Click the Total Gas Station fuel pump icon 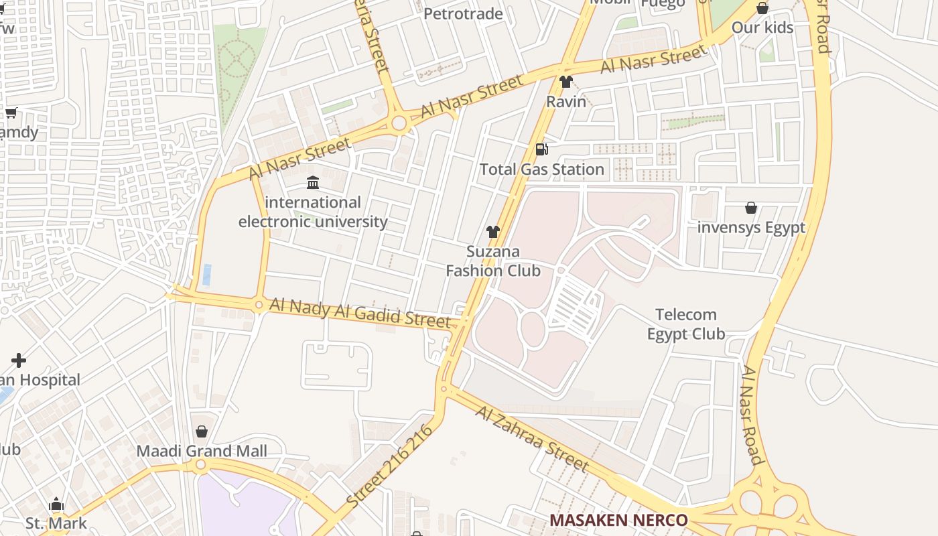[x=541, y=149]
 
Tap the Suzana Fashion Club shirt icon [x=493, y=232]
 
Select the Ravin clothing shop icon [x=566, y=82]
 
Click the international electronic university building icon [x=313, y=182]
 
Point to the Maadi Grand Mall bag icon [x=202, y=431]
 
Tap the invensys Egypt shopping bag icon [x=751, y=208]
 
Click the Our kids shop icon [x=762, y=8]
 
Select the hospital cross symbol [x=19, y=360]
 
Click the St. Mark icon [x=56, y=504]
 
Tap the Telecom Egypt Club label [x=686, y=324]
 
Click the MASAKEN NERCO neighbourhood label [x=618, y=520]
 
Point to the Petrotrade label [x=463, y=13]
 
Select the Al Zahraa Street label [x=532, y=438]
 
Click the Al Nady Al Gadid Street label [x=360, y=313]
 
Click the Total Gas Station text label [x=542, y=170]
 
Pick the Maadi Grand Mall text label [x=202, y=451]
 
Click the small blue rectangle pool [x=207, y=275]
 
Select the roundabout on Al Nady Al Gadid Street [x=259, y=305]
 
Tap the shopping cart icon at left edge [x=11, y=113]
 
